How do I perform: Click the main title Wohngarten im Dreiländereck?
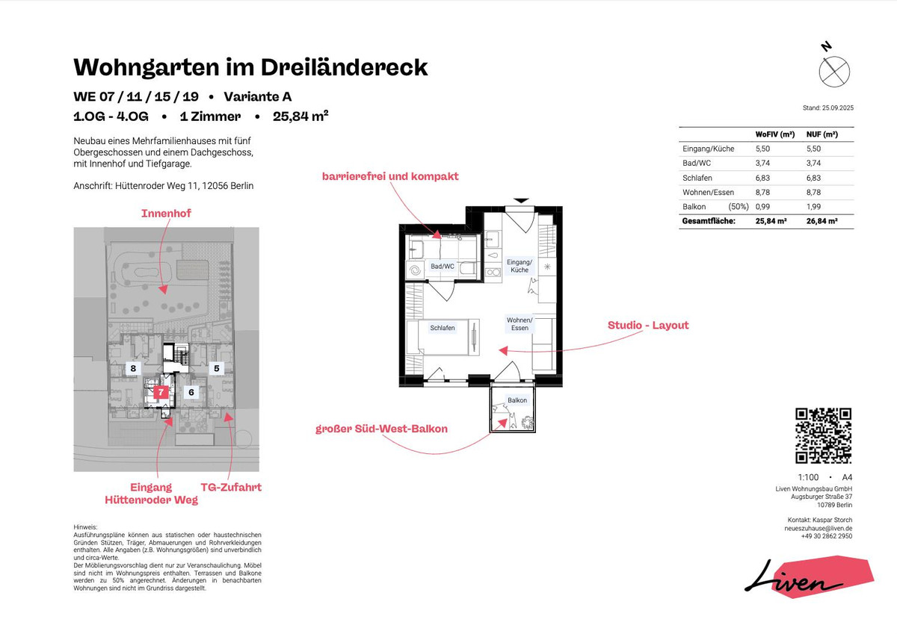coord(250,67)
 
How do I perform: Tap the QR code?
coord(823,435)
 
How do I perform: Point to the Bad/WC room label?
coord(442,266)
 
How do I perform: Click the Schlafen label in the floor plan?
coord(442,328)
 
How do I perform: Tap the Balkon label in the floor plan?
coord(517,400)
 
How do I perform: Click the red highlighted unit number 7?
coord(160,391)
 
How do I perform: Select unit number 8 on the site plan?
coord(133,368)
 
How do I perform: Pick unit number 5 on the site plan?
coord(216,367)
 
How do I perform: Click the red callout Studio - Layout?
coord(648,326)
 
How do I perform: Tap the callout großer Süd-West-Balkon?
coord(381,429)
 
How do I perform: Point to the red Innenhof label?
coord(166,214)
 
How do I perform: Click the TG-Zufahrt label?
coord(230,487)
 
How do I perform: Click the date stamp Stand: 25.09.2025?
coord(827,108)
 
